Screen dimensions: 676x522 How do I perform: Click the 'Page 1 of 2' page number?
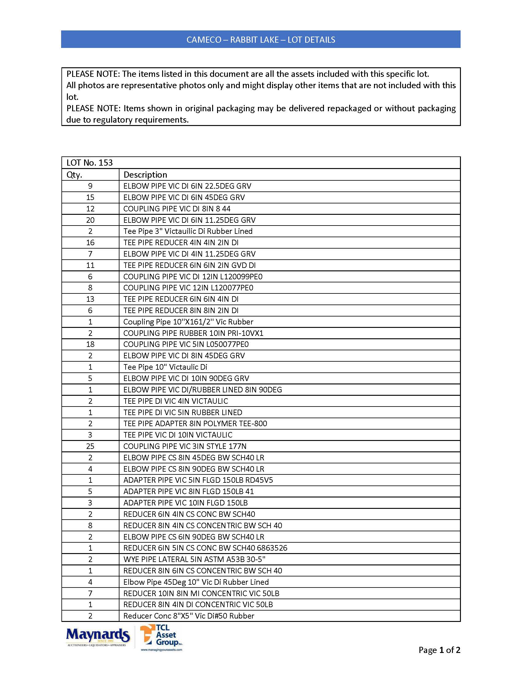point(439,650)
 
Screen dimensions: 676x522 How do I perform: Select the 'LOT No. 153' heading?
point(90,163)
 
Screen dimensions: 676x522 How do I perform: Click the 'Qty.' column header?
point(75,175)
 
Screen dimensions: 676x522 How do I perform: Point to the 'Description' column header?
point(145,175)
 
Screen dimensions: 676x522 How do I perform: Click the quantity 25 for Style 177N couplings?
point(90,446)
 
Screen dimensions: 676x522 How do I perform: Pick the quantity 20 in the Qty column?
point(90,220)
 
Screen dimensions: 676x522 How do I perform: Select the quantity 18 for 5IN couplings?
point(90,344)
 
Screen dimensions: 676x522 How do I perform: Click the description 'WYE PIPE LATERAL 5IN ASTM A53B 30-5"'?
point(194,559)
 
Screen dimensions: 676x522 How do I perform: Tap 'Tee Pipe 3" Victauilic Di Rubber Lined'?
point(188,231)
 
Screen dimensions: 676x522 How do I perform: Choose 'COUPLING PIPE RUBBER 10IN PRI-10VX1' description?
point(193,333)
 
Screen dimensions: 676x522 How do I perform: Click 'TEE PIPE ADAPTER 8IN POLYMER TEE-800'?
point(195,423)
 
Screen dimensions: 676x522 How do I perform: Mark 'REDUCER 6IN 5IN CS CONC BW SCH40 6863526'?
point(205,548)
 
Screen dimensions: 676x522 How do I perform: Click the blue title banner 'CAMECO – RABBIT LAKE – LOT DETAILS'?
point(261,40)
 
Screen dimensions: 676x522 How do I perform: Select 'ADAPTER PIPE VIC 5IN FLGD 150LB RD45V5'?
point(198,480)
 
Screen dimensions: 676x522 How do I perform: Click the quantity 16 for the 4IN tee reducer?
point(90,243)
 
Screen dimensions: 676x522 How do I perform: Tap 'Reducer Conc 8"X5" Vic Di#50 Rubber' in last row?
point(189,616)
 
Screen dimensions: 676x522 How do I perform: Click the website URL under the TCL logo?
point(162,650)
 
